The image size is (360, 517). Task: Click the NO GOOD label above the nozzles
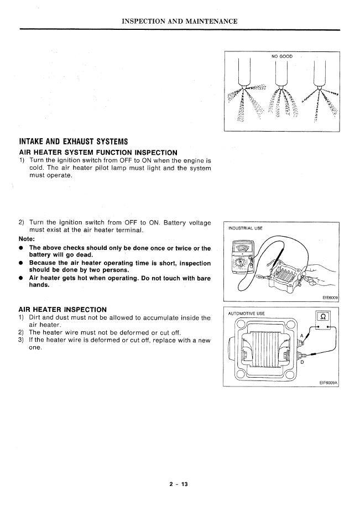point(281,56)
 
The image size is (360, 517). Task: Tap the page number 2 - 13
point(179,484)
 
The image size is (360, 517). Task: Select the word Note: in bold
point(28,239)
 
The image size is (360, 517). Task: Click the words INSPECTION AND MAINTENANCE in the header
point(180,22)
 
